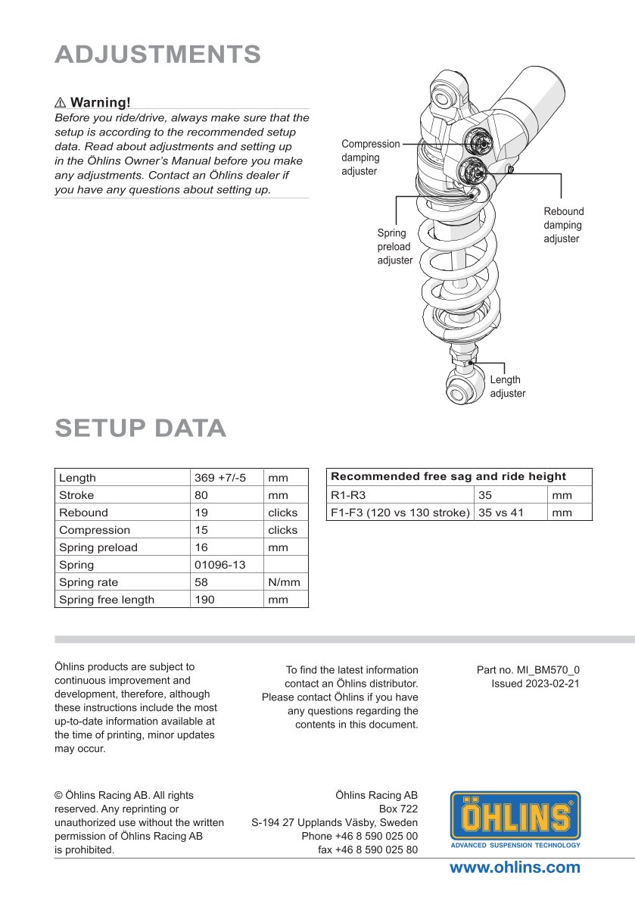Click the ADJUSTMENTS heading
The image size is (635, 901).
coord(158,55)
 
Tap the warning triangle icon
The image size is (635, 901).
coord(61,102)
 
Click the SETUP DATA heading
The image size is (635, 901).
coord(141,428)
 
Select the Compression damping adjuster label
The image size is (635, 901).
coord(370,157)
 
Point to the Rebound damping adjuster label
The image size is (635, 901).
coord(563,225)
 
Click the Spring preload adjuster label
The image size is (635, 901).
coord(394,247)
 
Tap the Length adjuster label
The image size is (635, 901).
coord(507,386)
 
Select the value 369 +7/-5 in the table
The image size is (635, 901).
coord(220,478)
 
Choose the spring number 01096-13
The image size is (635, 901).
coord(219,565)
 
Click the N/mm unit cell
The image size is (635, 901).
coord(284,582)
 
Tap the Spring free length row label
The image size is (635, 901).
coord(107,600)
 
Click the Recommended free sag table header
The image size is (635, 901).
coord(448,476)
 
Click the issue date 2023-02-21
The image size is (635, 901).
coord(556,684)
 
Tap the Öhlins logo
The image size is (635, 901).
coord(515,820)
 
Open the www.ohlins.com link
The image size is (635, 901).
coord(515,868)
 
